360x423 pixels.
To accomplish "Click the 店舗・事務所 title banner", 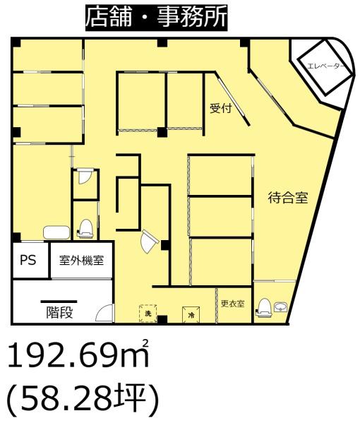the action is click(157, 17).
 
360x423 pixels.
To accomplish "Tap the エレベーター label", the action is click(325, 66).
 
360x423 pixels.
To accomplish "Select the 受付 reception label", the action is click(221, 108).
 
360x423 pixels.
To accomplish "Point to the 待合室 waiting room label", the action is click(288, 198).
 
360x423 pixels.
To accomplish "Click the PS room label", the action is click(28, 261).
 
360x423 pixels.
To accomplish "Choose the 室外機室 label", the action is click(81, 261).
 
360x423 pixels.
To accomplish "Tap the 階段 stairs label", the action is click(59, 312).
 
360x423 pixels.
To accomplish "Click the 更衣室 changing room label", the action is click(233, 304).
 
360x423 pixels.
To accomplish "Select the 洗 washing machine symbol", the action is click(148, 313).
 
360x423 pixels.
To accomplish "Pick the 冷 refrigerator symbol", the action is click(191, 314).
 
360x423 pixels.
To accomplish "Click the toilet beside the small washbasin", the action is click(263, 307).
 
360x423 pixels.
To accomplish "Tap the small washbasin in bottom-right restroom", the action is click(281, 307).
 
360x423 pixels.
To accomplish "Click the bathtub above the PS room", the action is click(56, 232).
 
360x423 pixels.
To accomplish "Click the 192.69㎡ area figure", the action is click(78, 355).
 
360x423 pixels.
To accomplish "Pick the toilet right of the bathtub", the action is click(85, 229).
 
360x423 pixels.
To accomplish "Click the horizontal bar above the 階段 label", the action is click(59, 302).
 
